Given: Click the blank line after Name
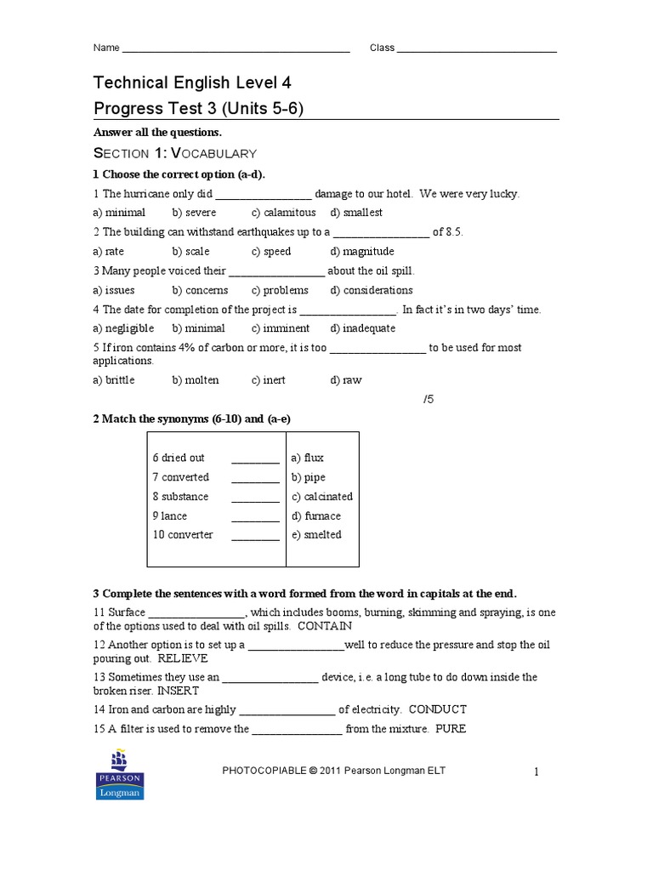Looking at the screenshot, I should click(236, 49).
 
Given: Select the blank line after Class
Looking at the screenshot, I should click(477, 49).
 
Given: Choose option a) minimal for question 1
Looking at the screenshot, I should click(119, 213).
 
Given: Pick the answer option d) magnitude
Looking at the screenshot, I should click(362, 252).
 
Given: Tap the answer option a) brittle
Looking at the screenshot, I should click(114, 380).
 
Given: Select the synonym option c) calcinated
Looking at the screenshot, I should click(322, 497).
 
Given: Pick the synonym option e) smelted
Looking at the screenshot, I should click(316, 535).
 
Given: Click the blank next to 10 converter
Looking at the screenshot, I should click(255, 537).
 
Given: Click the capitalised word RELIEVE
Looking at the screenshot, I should click(183, 658).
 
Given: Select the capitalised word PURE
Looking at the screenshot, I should click(451, 729).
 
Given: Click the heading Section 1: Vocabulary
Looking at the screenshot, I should click(174, 153).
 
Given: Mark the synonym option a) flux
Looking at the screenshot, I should click(308, 458).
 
